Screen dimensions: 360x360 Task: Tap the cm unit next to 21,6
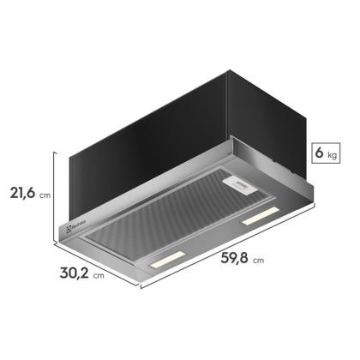pyautogui.click(x=45, y=196)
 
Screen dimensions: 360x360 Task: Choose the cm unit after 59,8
pyautogui.click(x=257, y=259)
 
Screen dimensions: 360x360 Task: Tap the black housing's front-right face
pyautogui.click(x=214, y=129)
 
